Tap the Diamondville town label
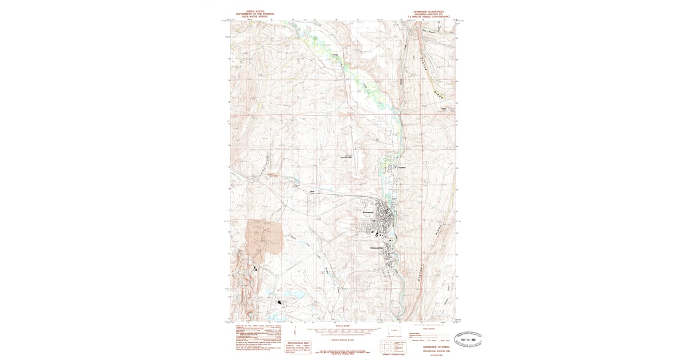coord(372,247)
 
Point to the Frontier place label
coord(401,167)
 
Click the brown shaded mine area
coord(265,236)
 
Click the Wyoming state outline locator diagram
coord(394,332)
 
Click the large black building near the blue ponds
coord(281,302)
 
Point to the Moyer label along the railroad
coord(312,191)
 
